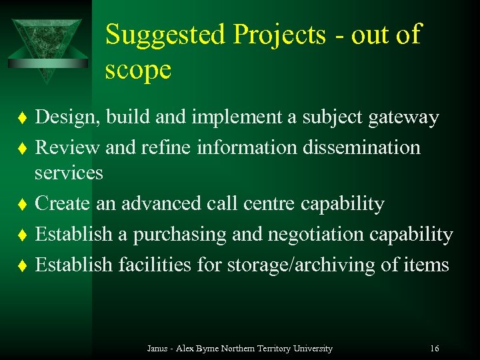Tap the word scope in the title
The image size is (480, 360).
point(138,69)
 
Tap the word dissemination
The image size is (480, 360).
point(361,147)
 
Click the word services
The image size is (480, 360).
point(69,173)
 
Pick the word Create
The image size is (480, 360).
point(63,203)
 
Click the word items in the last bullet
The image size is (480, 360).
point(426,265)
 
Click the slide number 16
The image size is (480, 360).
point(434,348)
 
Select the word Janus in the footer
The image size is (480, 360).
point(157,348)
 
